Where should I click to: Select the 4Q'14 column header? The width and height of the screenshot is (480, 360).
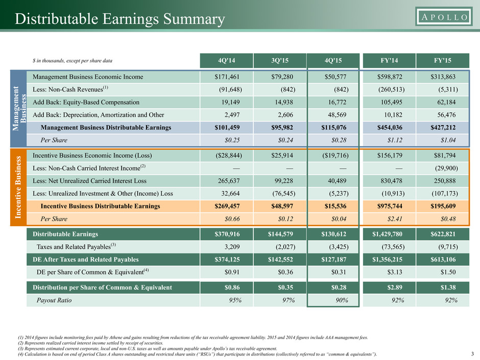227,61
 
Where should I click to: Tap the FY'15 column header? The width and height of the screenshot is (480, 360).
442,61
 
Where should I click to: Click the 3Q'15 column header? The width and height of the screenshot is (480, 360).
280,61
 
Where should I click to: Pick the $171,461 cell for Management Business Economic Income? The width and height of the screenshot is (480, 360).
227,77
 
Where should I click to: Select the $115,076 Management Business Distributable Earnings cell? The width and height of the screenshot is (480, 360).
333,128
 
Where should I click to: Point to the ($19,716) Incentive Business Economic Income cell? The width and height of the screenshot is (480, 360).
335,156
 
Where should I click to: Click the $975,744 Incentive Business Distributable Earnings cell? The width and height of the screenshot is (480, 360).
390,206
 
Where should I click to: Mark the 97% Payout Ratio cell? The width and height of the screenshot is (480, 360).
289,300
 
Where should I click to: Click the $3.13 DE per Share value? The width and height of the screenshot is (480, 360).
395,272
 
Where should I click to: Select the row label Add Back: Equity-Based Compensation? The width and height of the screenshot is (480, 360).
86,102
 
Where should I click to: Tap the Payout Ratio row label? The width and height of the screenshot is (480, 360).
54,300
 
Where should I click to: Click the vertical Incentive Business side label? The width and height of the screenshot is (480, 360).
18,187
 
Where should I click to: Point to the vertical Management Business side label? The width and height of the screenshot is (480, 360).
19,108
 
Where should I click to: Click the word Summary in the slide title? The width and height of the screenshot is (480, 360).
194,19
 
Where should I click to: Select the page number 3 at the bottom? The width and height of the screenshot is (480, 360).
473,354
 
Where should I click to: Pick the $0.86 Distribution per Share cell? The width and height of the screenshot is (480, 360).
232,287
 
